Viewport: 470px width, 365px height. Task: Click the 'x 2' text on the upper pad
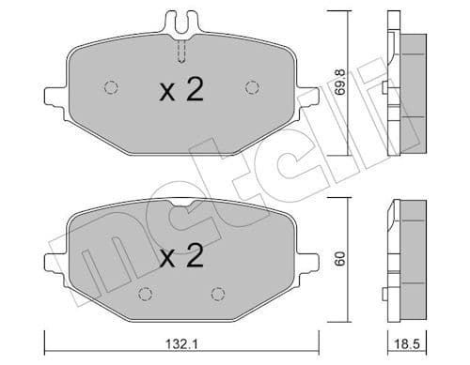[x=180, y=90]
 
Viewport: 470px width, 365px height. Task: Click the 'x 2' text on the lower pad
[x=180, y=258]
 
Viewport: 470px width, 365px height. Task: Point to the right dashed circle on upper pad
[x=251, y=87]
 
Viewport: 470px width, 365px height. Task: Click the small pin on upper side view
[x=387, y=90]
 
